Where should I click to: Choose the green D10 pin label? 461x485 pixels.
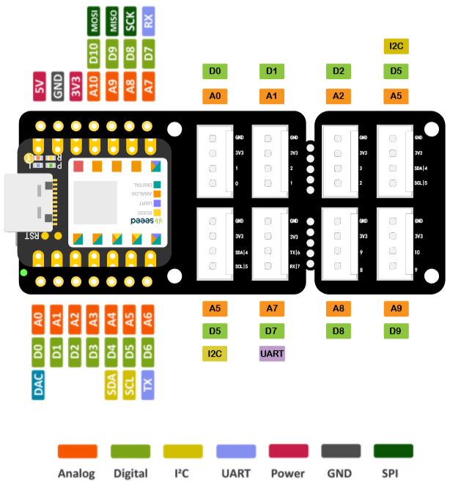tap(94, 53)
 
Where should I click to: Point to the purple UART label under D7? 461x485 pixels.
tap(272, 354)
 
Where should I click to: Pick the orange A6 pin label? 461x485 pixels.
tap(148, 318)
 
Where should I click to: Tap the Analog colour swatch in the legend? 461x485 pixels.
tap(77, 451)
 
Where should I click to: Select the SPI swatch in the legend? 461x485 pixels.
tap(393, 451)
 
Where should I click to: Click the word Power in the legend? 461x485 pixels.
tap(287, 473)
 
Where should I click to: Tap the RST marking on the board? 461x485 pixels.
tap(32, 235)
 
